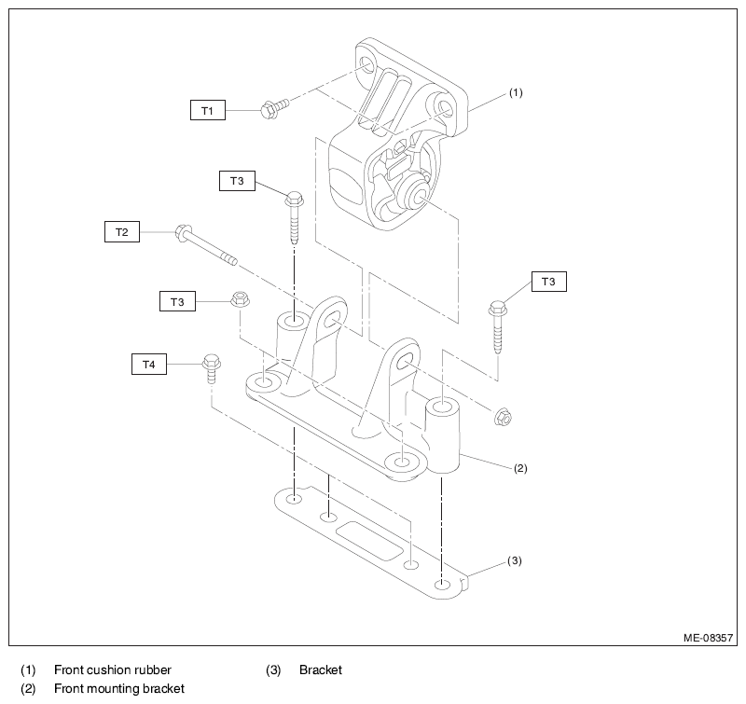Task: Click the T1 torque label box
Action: [207, 110]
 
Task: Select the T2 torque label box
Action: [122, 231]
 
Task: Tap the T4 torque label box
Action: [149, 365]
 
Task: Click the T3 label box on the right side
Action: [548, 281]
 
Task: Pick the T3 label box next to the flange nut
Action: [177, 301]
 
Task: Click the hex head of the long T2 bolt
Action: [183, 231]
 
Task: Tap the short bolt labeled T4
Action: [212, 367]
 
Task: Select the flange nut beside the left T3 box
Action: [241, 299]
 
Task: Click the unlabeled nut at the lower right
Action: [504, 417]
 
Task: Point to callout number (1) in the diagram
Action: [516, 92]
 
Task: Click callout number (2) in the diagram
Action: [520, 468]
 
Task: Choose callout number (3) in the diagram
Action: [515, 560]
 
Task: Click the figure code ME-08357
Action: [708, 638]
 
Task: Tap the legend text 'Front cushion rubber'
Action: [113, 669]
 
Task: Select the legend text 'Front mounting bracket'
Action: [119, 688]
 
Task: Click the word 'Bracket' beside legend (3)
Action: [321, 669]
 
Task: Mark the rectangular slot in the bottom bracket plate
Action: [369, 541]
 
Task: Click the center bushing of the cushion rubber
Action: [413, 192]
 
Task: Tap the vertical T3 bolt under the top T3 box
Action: [295, 217]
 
